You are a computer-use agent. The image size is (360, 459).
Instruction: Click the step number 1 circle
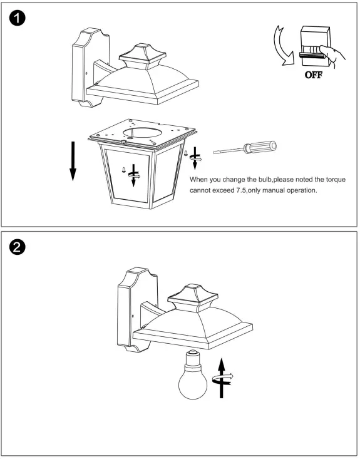[x=18, y=18]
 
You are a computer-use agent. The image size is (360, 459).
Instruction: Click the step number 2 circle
[x=18, y=247]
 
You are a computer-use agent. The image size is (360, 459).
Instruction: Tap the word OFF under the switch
[x=314, y=75]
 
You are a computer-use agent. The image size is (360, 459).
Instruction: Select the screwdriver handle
[x=260, y=147]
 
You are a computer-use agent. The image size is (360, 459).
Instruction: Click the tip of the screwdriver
[x=214, y=153]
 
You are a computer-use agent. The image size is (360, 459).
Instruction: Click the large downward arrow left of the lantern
[x=73, y=161]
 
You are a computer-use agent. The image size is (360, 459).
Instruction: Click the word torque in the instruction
[x=336, y=180]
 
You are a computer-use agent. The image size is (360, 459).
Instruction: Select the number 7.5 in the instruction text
[x=240, y=190]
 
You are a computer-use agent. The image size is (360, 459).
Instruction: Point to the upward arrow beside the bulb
[x=222, y=378]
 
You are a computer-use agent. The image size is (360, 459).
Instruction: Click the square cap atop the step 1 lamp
[x=143, y=56]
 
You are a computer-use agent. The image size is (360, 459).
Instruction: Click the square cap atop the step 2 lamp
[x=193, y=297]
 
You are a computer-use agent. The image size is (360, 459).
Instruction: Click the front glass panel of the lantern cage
[x=128, y=175]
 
